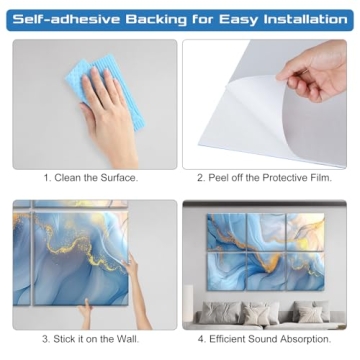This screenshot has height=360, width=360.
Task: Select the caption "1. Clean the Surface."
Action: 91,178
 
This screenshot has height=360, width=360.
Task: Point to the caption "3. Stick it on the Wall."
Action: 91,338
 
